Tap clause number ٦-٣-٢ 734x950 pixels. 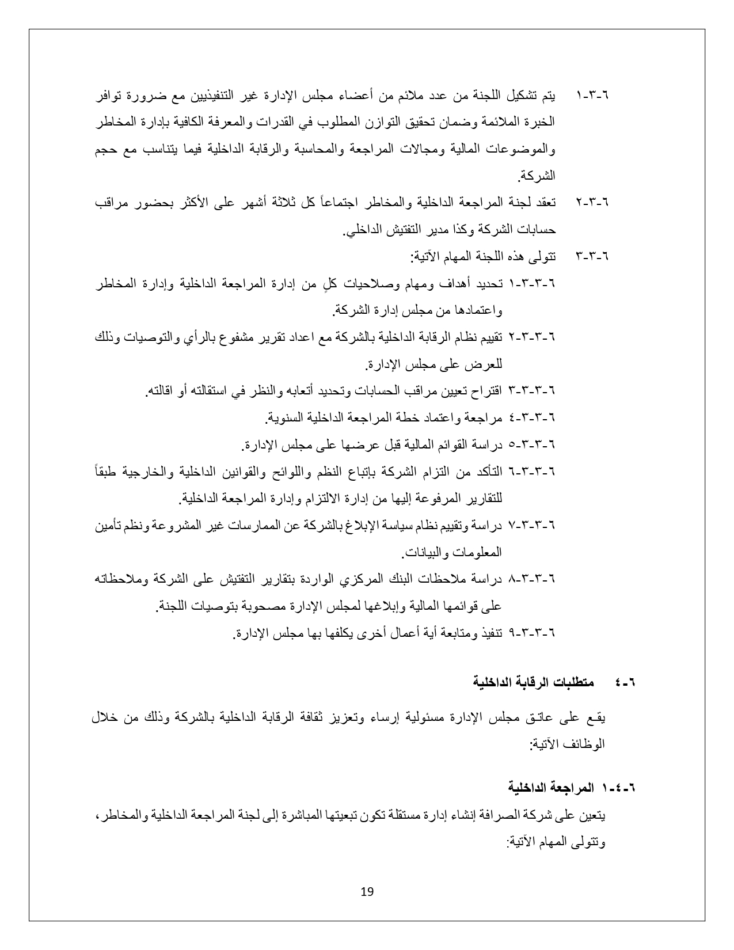click(592, 202)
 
